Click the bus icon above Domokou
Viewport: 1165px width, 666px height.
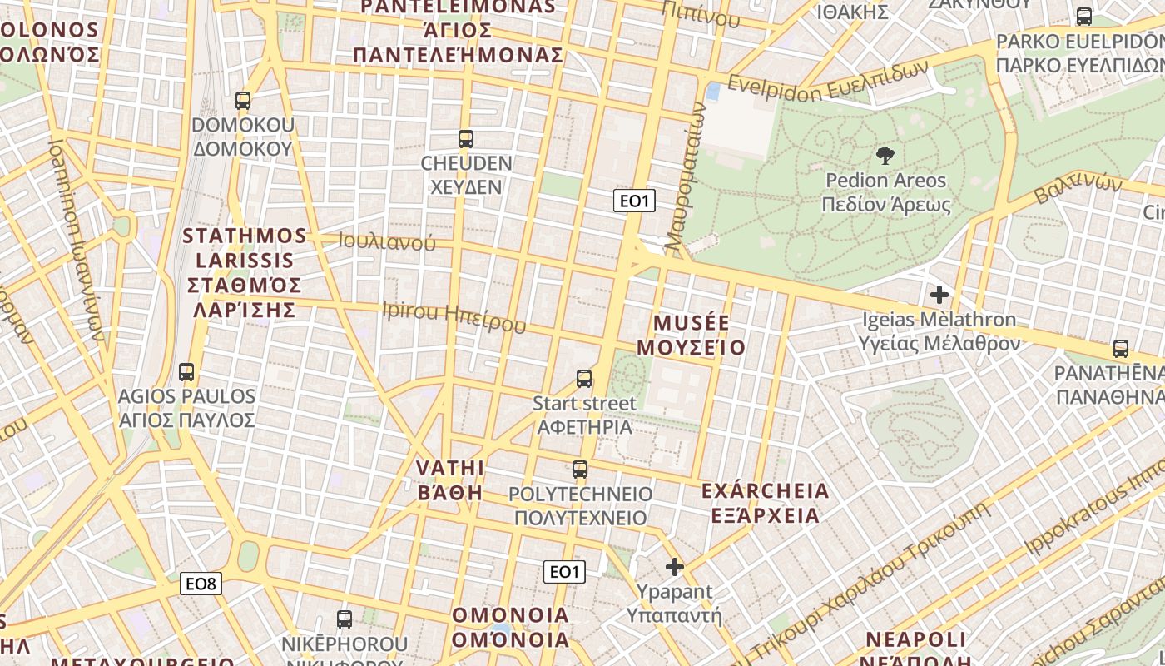click(x=243, y=101)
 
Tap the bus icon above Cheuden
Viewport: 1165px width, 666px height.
click(x=466, y=138)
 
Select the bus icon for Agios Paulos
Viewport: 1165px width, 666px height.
click(x=186, y=372)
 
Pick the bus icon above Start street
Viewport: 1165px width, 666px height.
click(x=584, y=379)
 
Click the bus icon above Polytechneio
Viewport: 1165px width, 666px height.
click(x=580, y=470)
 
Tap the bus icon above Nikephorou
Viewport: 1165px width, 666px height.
click(x=345, y=619)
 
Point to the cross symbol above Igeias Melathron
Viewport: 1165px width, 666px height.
click(x=939, y=295)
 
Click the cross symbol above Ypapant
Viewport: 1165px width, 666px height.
click(x=674, y=568)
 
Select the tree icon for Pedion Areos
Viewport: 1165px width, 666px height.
click(x=885, y=155)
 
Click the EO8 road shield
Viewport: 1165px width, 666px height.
click(x=201, y=584)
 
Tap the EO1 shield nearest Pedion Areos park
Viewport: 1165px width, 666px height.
click(x=634, y=201)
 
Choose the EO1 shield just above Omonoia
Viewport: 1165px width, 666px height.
click(x=564, y=572)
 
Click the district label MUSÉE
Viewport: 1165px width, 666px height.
click(x=691, y=323)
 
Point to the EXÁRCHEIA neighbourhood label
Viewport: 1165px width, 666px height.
click(x=766, y=490)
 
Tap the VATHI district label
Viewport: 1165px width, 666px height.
click(x=450, y=466)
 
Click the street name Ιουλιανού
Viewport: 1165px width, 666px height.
click(x=386, y=241)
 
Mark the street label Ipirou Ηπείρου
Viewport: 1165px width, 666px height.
click(x=454, y=316)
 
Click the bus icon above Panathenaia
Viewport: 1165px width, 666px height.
click(x=1121, y=349)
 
